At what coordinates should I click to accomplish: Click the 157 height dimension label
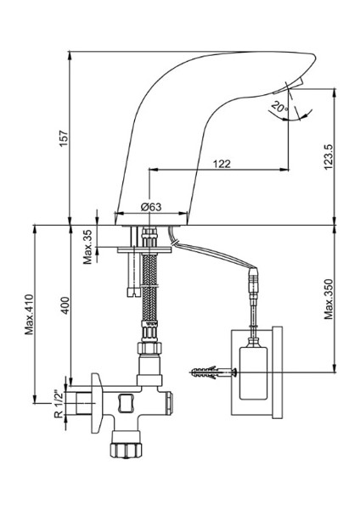[64, 137]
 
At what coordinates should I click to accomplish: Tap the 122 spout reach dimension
[222, 164]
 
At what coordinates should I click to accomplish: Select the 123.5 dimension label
[329, 156]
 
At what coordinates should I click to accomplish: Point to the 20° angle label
[279, 106]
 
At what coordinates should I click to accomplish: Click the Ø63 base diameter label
[151, 207]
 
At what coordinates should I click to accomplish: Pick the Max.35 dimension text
[88, 247]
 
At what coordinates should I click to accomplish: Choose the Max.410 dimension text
[29, 314]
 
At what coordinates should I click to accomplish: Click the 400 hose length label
[65, 305]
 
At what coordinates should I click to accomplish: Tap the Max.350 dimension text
[329, 299]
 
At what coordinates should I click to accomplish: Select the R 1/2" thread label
[58, 404]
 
